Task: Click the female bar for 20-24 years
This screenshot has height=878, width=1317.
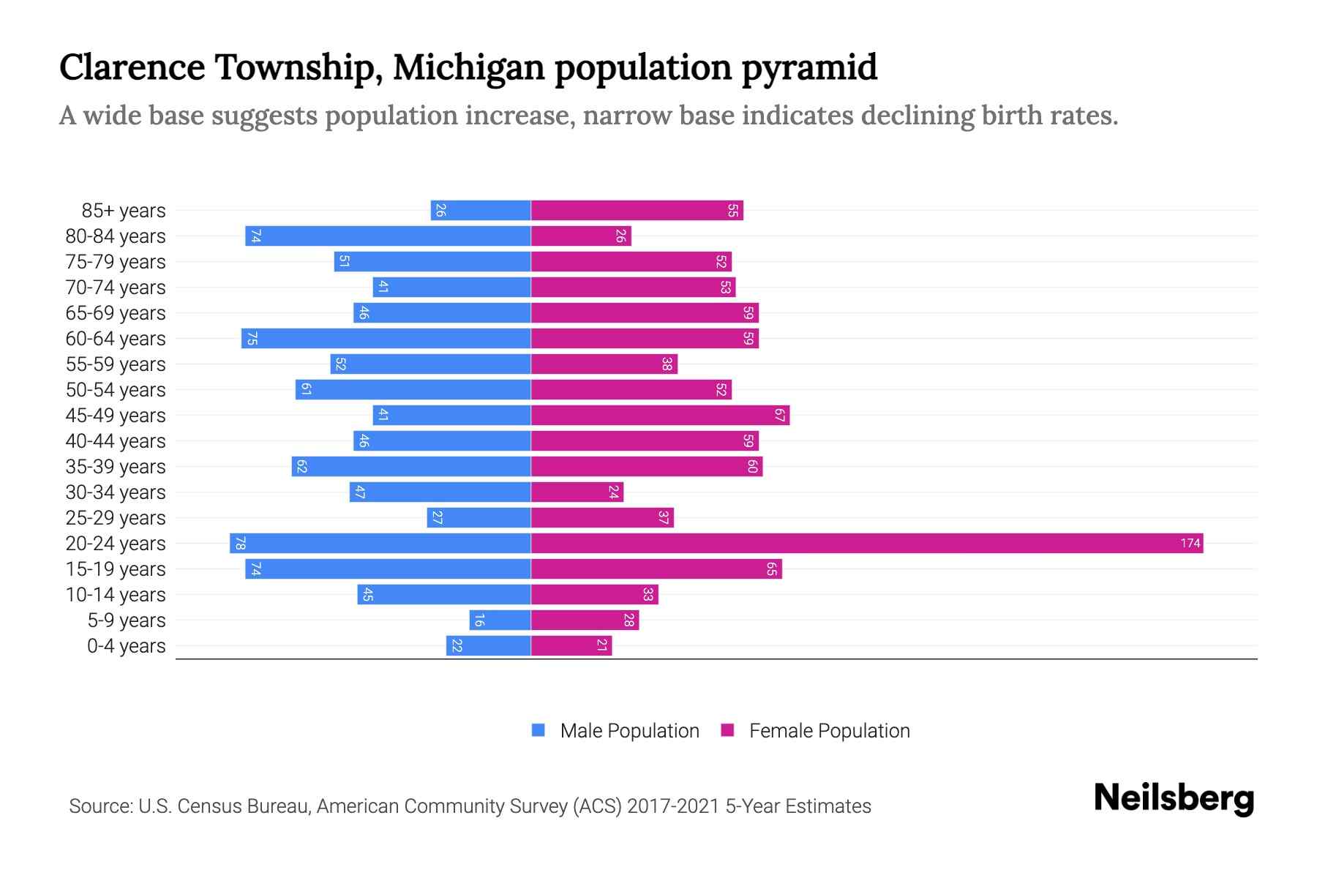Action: (x=867, y=543)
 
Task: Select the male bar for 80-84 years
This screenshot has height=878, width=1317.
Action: (x=388, y=236)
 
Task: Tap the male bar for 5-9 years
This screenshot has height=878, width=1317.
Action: (x=500, y=620)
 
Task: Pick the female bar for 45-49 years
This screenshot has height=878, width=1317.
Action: (x=660, y=415)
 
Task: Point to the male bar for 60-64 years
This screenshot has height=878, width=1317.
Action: (x=386, y=338)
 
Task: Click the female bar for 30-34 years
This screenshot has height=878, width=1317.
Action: (x=577, y=492)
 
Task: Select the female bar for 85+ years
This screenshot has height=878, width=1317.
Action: (x=637, y=210)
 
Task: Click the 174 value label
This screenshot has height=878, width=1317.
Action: (x=1190, y=543)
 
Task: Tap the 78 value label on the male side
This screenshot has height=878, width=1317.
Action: (x=240, y=543)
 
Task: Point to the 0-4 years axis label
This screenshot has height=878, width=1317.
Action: (x=126, y=646)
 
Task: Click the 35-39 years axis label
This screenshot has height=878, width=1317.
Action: (x=116, y=467)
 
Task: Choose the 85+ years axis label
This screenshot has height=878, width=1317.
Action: (x=124, y=211)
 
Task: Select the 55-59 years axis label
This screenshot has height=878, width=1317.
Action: (x=116, y=364)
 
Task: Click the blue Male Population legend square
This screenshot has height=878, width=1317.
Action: (x=539, y=730)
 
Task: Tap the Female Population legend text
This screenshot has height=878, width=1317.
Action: (x=829, y=730)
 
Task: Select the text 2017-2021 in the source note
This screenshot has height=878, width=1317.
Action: (x=673, y=806)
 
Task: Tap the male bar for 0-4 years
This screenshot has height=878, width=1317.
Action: (x=488, y=645)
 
